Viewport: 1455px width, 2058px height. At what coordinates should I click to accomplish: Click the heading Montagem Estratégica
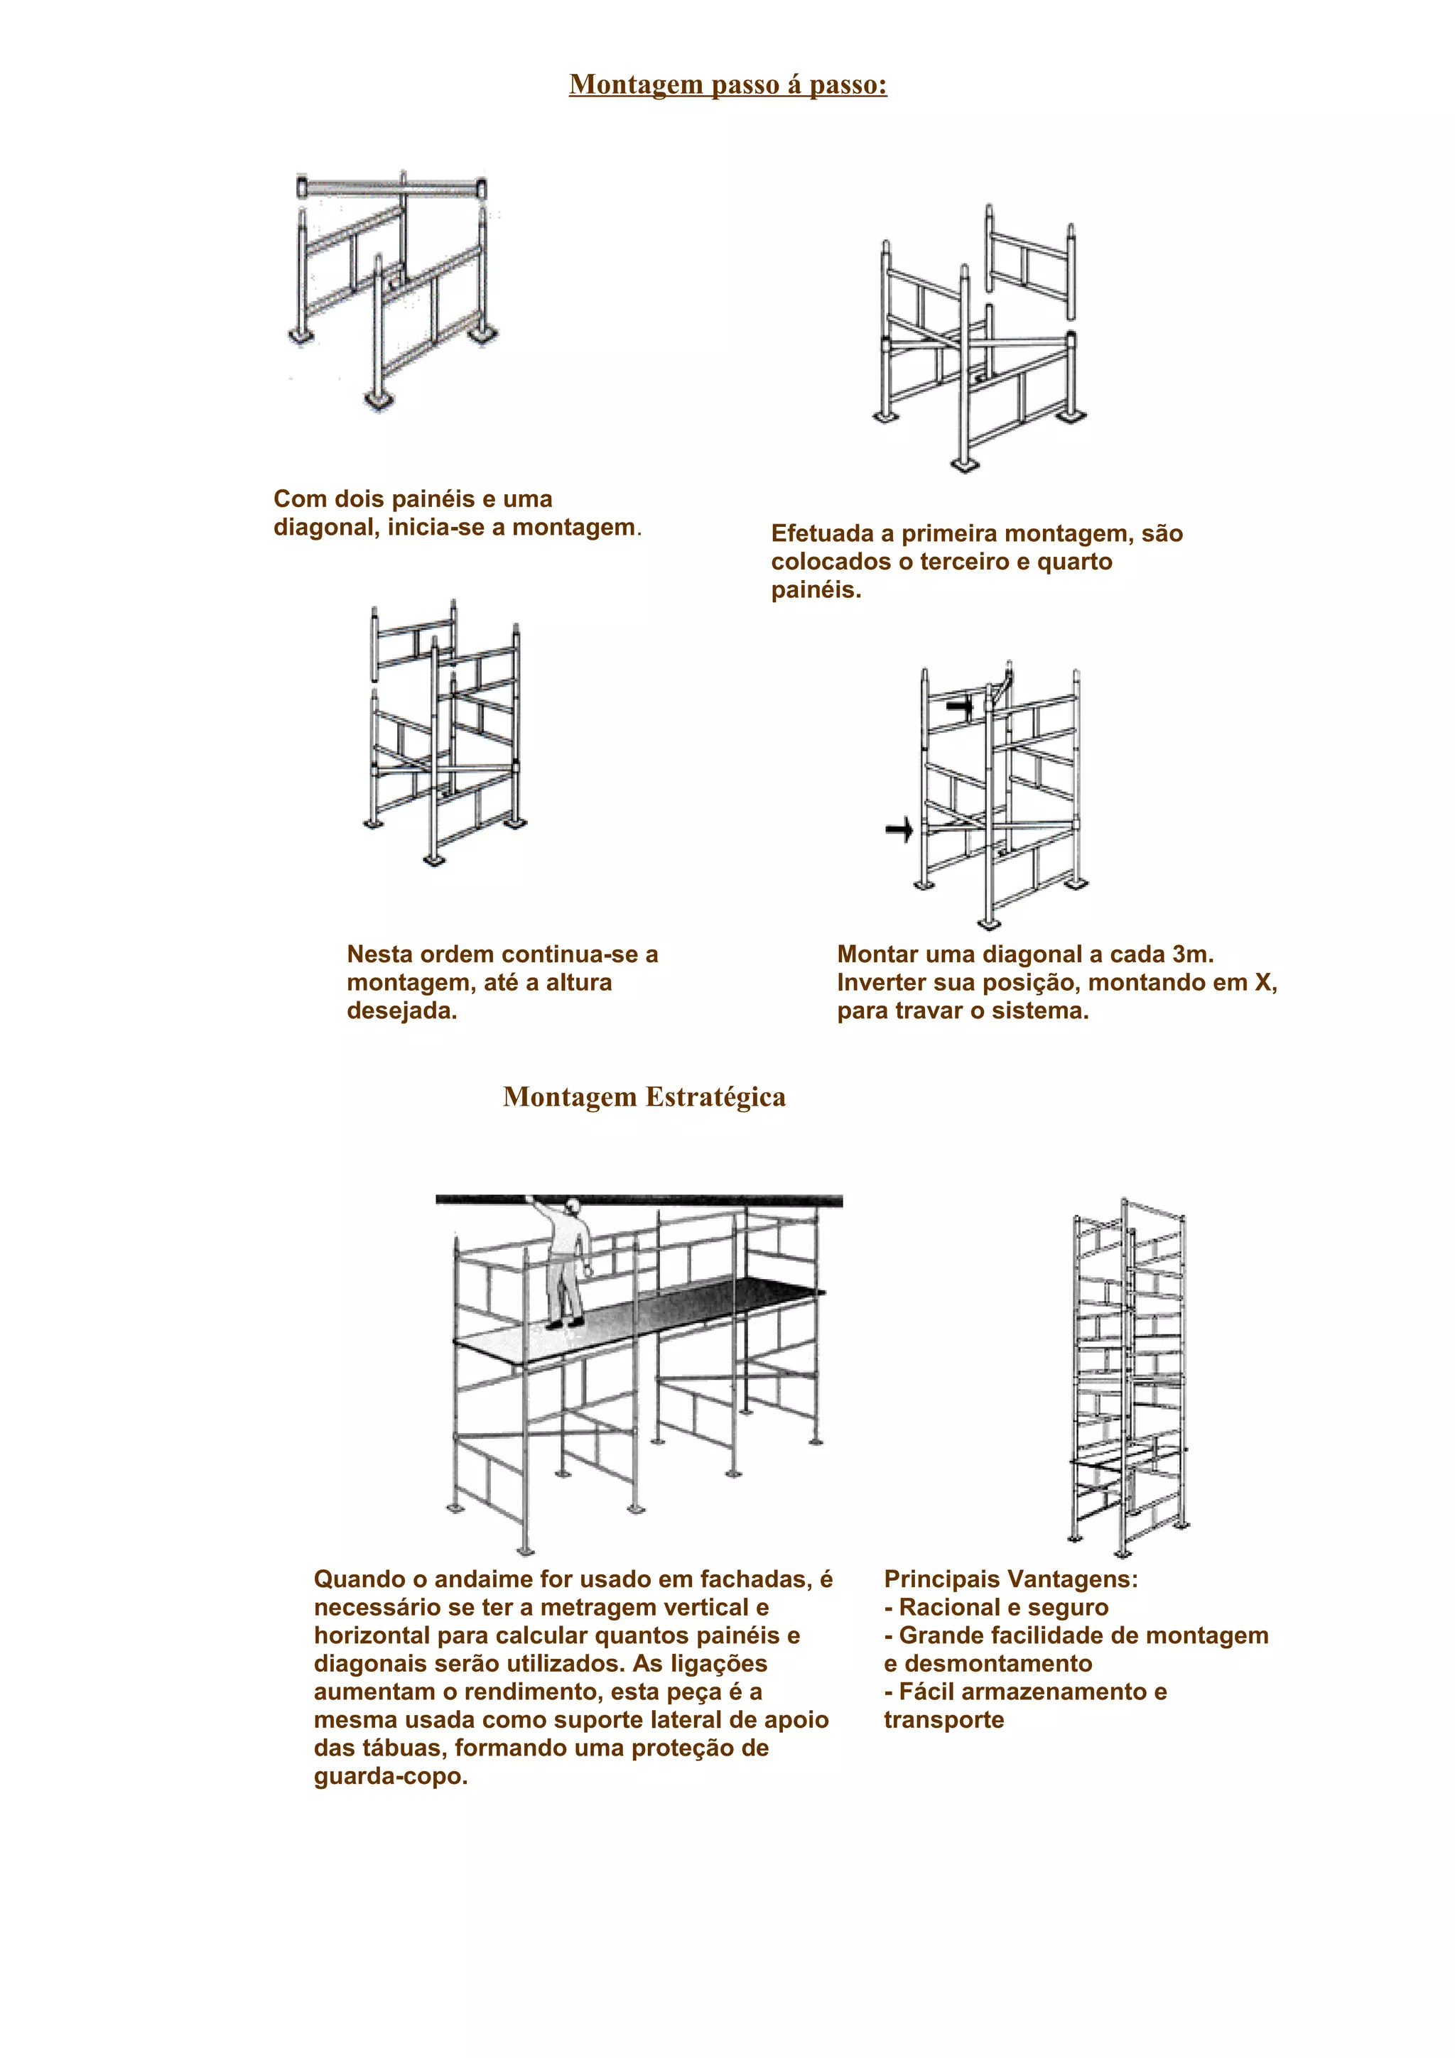(644, 1096)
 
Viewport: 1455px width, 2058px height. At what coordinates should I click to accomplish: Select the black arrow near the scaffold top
(959, 707)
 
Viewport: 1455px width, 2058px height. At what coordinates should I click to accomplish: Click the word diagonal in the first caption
(326, 527)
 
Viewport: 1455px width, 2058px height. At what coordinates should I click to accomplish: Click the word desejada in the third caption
(400, 1011)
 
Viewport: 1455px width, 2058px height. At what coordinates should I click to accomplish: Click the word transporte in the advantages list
(943, 1719)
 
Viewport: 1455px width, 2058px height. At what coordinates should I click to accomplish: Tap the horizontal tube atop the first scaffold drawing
(391, 189)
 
